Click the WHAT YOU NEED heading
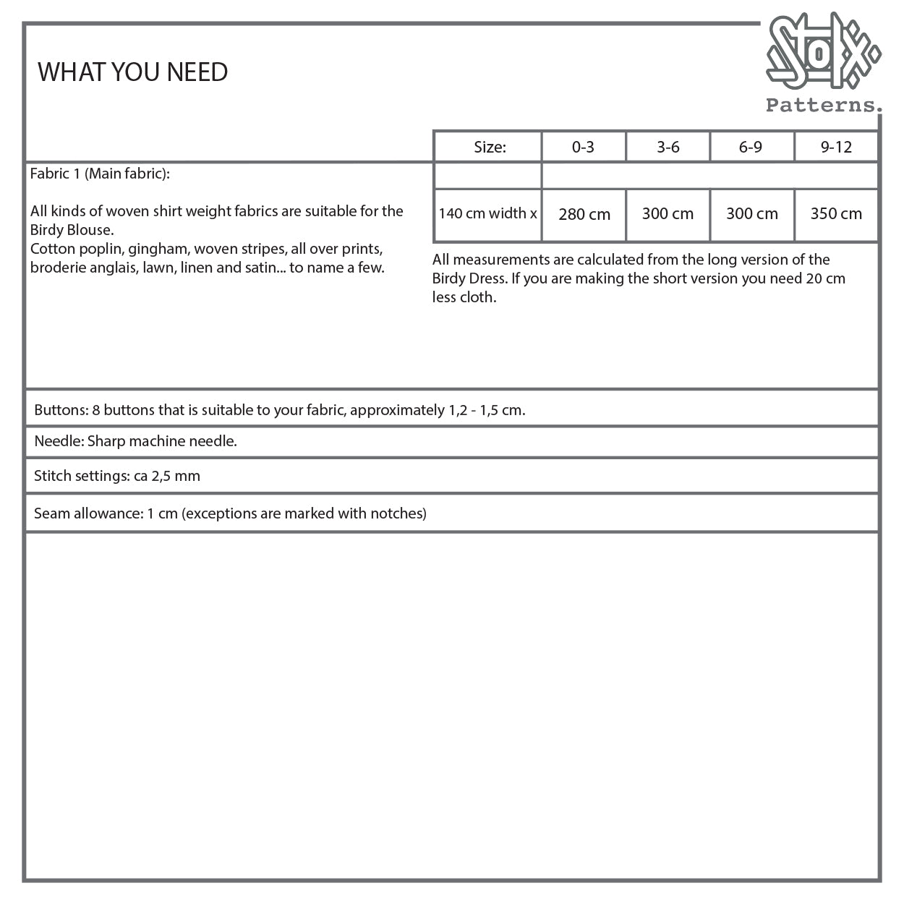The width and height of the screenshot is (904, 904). click(132, 72)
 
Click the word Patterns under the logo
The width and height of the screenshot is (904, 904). click(823, 106)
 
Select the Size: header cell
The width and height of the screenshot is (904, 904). click(490, 148)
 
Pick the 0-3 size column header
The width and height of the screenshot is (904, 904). click(583, 148)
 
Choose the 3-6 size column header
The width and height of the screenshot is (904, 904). click(668, 148)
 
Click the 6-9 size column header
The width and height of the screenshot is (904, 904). click(751, 148)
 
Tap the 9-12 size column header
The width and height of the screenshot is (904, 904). click(836, 148)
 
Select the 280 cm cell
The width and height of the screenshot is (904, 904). click(584, 214)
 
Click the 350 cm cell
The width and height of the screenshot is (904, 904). click(836, 214)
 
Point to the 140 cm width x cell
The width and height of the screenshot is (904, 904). click(487, 213)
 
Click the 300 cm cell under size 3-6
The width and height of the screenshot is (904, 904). click(668, 214)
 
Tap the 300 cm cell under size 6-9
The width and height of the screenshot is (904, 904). click(751, 214)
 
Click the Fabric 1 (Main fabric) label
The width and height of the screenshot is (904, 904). click(100, 174)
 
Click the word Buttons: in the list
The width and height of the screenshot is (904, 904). click(61, 410)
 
